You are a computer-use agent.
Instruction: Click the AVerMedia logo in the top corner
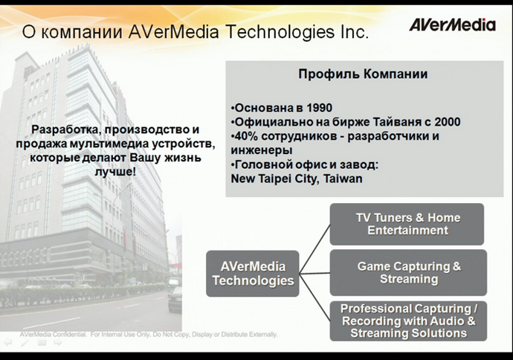pyautogui.click(x=452, y=25)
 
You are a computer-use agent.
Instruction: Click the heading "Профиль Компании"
pyautogui.click(x=362, y=75)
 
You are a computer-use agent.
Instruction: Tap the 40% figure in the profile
pyautogui.click(x=244, y=136)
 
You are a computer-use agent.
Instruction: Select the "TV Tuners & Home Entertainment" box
pyautogui.click(x=407, y=224)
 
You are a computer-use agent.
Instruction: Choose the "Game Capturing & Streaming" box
pyautogui.click(x=408, y=272)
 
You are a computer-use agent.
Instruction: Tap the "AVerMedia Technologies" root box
pyautogui.click(x=253, y=272)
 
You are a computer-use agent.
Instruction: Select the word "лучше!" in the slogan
pyautogui.click(x=114, y=171)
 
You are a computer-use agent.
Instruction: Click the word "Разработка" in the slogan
pyautogui.click(x=62, y=129)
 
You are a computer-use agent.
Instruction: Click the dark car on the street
pyautogui.click(x=175, y=298)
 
